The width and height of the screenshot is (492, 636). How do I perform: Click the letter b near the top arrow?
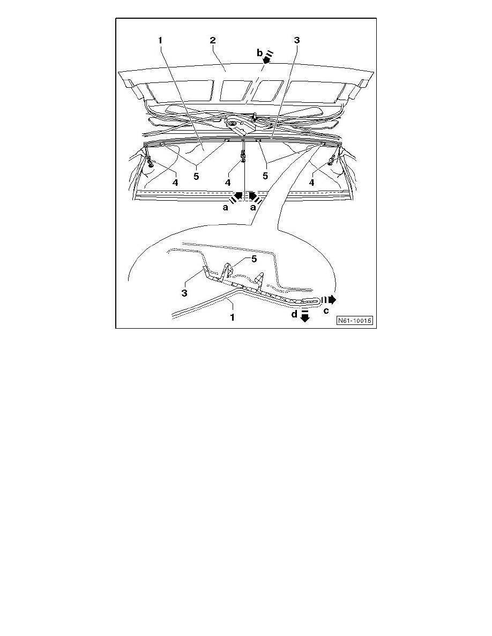coord(260,53)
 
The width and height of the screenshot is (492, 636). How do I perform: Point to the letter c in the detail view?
coord(326,310)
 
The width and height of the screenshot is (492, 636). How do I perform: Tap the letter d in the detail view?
coord(294,315)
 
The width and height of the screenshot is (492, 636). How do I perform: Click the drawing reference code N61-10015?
coord(355,321)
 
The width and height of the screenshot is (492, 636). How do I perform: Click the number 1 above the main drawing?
coord(161,40)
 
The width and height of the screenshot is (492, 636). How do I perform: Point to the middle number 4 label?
coord(228,183)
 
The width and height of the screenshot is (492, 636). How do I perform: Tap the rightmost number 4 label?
coord(311,183)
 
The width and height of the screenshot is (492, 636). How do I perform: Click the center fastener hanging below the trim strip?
coord(244,156)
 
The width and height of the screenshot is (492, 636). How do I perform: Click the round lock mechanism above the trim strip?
coord(233,126)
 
